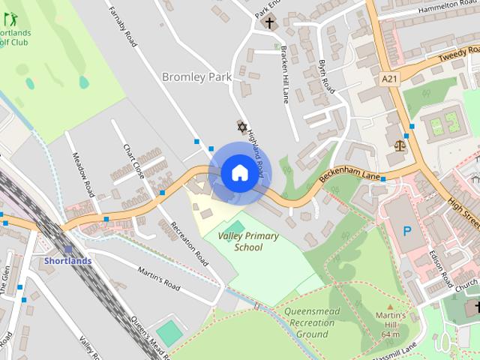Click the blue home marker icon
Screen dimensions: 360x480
tap(239, 173)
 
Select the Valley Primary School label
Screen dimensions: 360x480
tap(247, 241)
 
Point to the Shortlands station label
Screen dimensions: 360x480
tap(67, 261)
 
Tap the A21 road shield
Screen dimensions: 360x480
tap(388, 79)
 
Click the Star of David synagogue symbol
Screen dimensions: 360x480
tap(242, 126)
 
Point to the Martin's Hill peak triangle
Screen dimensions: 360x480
tap(389, 306)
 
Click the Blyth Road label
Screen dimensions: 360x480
tap(326, 76)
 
